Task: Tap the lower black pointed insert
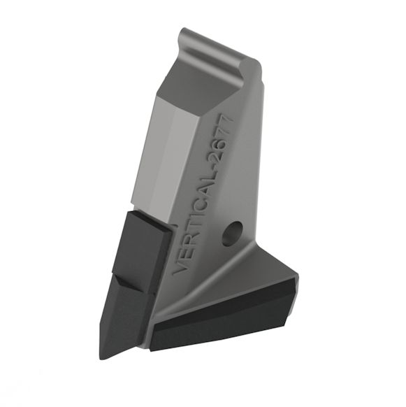click(x=124, y=315)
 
